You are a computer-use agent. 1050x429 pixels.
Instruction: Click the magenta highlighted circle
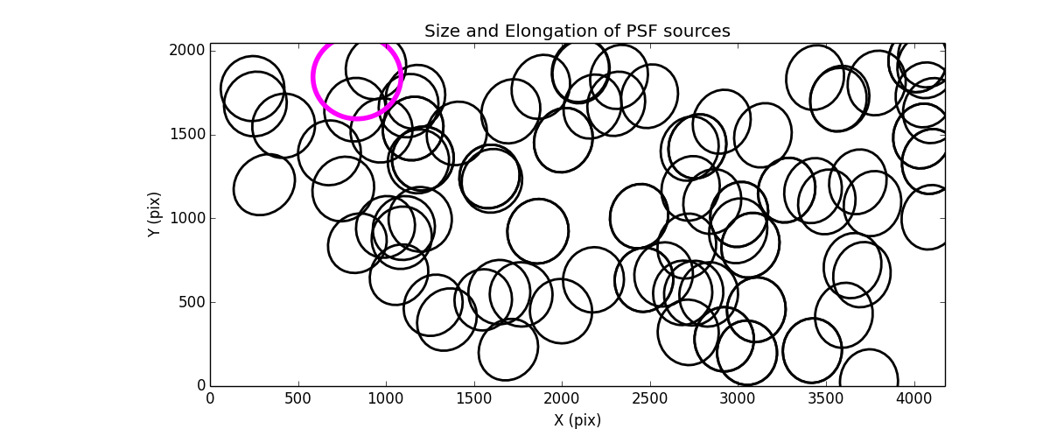(357, 76)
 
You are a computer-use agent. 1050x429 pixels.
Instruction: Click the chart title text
(577, 32)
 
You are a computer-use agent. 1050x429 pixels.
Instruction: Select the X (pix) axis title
(577, 419)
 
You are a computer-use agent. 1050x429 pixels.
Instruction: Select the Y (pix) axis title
(155, 214)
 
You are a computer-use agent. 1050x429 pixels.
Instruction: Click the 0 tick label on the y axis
(199, 386)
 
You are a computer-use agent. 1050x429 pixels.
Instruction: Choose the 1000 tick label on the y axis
(188, 218)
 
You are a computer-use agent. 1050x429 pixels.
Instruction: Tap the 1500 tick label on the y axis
(188, 134)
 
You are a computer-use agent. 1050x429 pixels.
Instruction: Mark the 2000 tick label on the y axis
(188, 51)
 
